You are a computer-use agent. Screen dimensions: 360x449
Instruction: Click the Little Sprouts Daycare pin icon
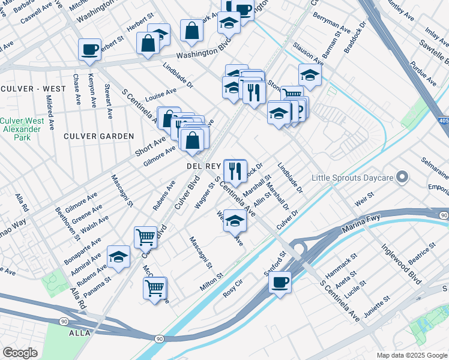click(403, 178)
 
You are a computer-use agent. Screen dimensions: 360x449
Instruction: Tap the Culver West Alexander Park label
click(22, 128)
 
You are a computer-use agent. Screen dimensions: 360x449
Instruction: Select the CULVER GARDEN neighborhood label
click(99, 136)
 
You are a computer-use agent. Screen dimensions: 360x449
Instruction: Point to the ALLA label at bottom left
click(79, 332)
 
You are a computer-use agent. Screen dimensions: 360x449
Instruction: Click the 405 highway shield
click(443, 121)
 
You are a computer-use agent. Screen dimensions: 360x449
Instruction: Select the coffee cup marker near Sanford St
click(280, 281)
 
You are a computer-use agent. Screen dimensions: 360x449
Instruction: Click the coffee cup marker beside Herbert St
click(89, 49)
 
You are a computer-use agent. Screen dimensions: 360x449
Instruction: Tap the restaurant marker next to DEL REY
click(235, 170)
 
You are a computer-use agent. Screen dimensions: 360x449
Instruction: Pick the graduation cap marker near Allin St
click(235, 220)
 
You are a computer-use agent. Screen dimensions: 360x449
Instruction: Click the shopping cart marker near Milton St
click(155, 288)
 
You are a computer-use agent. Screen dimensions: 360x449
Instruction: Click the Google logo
click(20, 353)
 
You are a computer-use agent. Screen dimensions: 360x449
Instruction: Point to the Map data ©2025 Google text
click(411, 355)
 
